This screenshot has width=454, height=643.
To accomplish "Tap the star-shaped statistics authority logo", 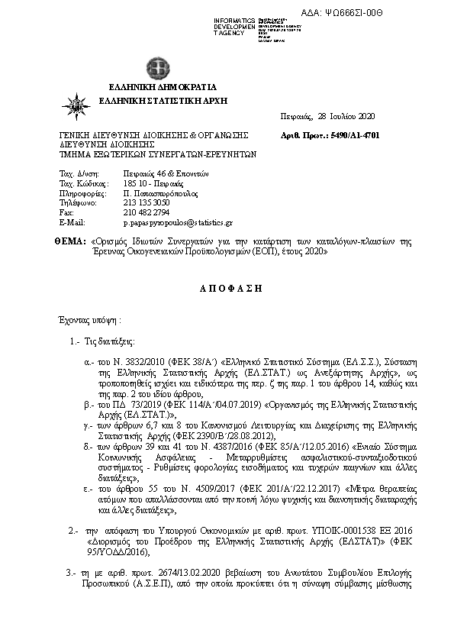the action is pos(79,106).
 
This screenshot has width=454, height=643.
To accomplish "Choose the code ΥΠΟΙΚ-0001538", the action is pos(324,528).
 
